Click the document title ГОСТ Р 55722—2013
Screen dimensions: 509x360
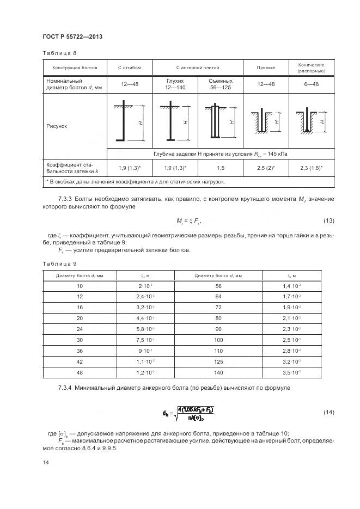pos(72,36)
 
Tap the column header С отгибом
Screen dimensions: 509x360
pos(129,68)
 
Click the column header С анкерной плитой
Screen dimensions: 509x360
pos(197,68)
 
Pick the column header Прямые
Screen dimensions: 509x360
pos(265,68)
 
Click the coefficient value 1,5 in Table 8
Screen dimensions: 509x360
pos(221,168)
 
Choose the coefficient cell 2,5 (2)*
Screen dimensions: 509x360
pos(265,168)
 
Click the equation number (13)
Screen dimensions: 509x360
pos(328,220)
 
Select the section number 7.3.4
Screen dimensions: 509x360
pos(66,388)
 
